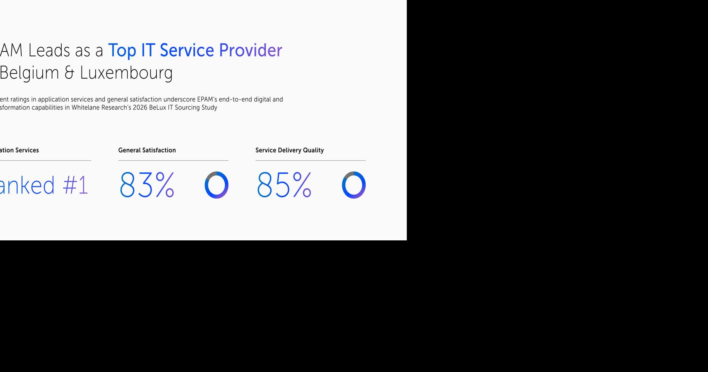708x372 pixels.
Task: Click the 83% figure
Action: (x=147, y=185)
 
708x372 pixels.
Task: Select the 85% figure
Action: (x=284, y=185)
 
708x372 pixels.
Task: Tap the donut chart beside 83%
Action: (x=217, y=185)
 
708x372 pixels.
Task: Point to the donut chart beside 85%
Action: (x=354, y=185)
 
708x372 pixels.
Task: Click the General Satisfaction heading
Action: (x=147, y=150)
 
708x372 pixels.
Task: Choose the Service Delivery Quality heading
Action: (x=289, y=150)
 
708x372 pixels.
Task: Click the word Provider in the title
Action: (x=250, y=50)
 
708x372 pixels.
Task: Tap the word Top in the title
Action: (x=122, y=50)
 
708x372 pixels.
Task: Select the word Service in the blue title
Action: (x=186, y=50)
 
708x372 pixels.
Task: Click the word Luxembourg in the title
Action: (x=126, y=73)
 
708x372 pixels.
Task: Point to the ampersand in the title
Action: (x=69, y=73)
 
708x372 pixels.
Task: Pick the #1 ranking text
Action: (x=75, y=185)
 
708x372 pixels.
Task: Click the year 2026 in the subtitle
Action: (x=140, y=108)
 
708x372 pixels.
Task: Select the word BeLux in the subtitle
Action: (x=157, y=108)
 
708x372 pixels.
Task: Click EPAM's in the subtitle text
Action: (x=207, y=100)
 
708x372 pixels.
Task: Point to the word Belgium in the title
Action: (x=29, y=73)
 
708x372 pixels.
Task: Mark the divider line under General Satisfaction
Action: (x=173, y=161)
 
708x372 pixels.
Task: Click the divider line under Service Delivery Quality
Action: (x=310, y=161)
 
